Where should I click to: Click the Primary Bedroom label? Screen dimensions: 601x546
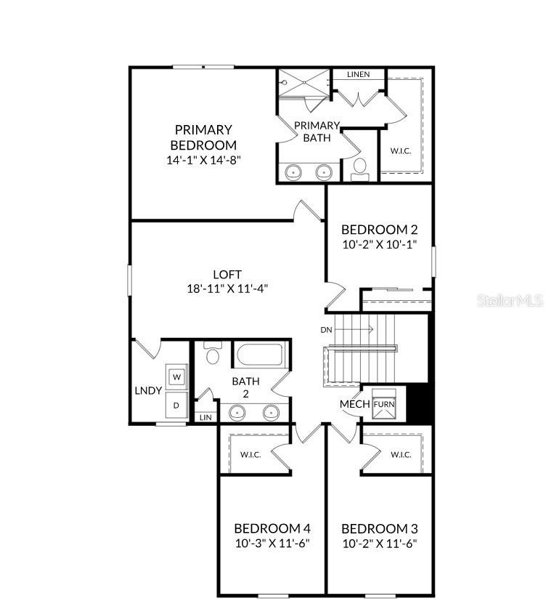(x=203, y=137)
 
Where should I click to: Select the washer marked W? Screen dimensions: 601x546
(x=176, y=376)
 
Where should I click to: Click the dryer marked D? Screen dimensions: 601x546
(x=176, y=405)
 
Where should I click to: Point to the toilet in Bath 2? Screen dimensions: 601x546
(x=213, y=355)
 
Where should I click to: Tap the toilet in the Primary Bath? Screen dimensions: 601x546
(x=359, y=168)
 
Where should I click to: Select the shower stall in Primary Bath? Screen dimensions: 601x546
(x=303, y=89)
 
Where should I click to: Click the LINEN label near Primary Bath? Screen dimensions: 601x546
(x=358, y=74)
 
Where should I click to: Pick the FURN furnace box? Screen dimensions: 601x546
(x=383, y=404)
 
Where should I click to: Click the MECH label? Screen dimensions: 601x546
(x=355, y=404)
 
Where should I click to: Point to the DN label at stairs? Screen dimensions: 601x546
(x=327, y=329)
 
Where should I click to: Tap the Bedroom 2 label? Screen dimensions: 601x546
(x=379, y=230)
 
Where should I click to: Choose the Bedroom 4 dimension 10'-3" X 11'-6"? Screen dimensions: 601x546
(x=272, y=544)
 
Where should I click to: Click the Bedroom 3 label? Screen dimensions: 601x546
(x=379, y=528)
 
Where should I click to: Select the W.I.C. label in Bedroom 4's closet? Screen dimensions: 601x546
(x=250, y=455)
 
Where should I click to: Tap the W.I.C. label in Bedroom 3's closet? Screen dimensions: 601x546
(x=401, y=455)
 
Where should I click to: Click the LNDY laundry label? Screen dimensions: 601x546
(x=148, y=390)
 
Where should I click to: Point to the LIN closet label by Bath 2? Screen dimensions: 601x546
(x=205, y=417)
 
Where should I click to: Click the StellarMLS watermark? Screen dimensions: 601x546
(x=510, y=299)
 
